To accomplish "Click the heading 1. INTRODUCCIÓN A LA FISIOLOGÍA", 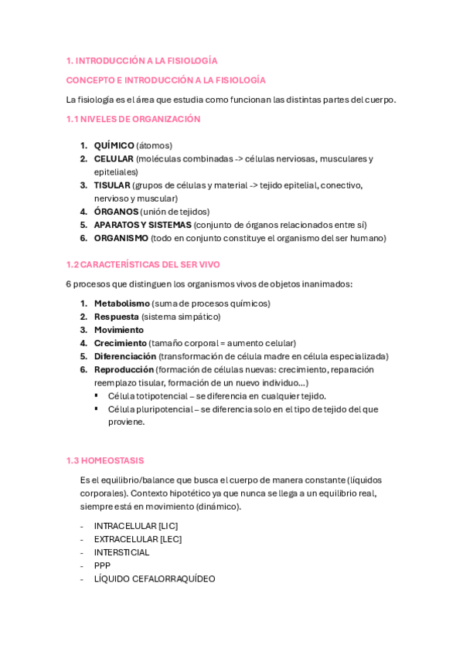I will (x=141, y=60).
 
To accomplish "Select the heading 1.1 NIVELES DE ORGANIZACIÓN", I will (x=133, y=119).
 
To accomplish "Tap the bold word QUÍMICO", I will (x=114, y=145).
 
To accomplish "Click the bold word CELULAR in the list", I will (x=113, y=158).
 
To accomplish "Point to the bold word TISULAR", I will (x=111, y=185).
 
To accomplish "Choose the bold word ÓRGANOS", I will (x=116, y=211).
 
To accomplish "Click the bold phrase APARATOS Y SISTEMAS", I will (x=142, y=225).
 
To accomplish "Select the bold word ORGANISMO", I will (x=121, y=238).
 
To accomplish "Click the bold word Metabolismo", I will (x=121, y=304).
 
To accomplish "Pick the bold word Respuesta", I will (x=116, y=317).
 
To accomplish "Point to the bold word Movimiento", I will (x=119, y=330).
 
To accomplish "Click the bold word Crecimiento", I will (x=120, y=343).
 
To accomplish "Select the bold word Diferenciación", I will (x=124, y=356).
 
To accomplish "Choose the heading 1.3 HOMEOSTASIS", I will (x=105, y=460).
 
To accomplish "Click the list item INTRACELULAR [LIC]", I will (x=135, y=526).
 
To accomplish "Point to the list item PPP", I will (x=102, y=565).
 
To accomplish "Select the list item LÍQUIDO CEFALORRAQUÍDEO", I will (x=155, y=579).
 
